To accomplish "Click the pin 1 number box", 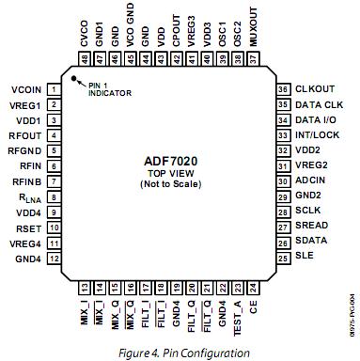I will pyautogui.click(x=55, y=90).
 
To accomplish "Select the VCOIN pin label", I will pyautogui.click(x=26, y=90).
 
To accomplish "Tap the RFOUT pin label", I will pyautogui.click(x=26, y=134).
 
